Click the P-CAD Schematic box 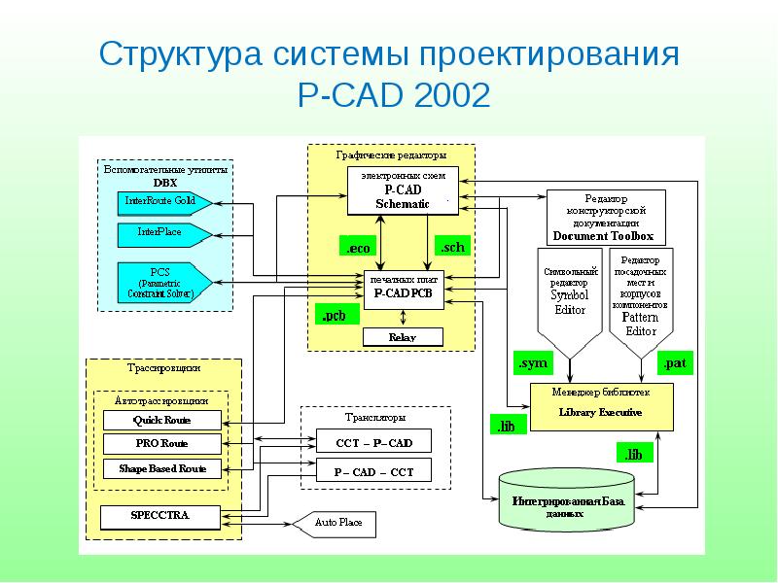pos(403,190)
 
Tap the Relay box pos(403,337)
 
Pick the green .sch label pos(451,247)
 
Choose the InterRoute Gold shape pos(161,202)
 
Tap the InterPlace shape pos(161,234)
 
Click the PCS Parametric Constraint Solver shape pos(161,281)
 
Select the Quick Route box pos(161,421)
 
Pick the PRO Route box pos(161,444)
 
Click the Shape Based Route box pos(161,468)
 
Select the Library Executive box pos(600,406)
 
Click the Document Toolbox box pos(603,217)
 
